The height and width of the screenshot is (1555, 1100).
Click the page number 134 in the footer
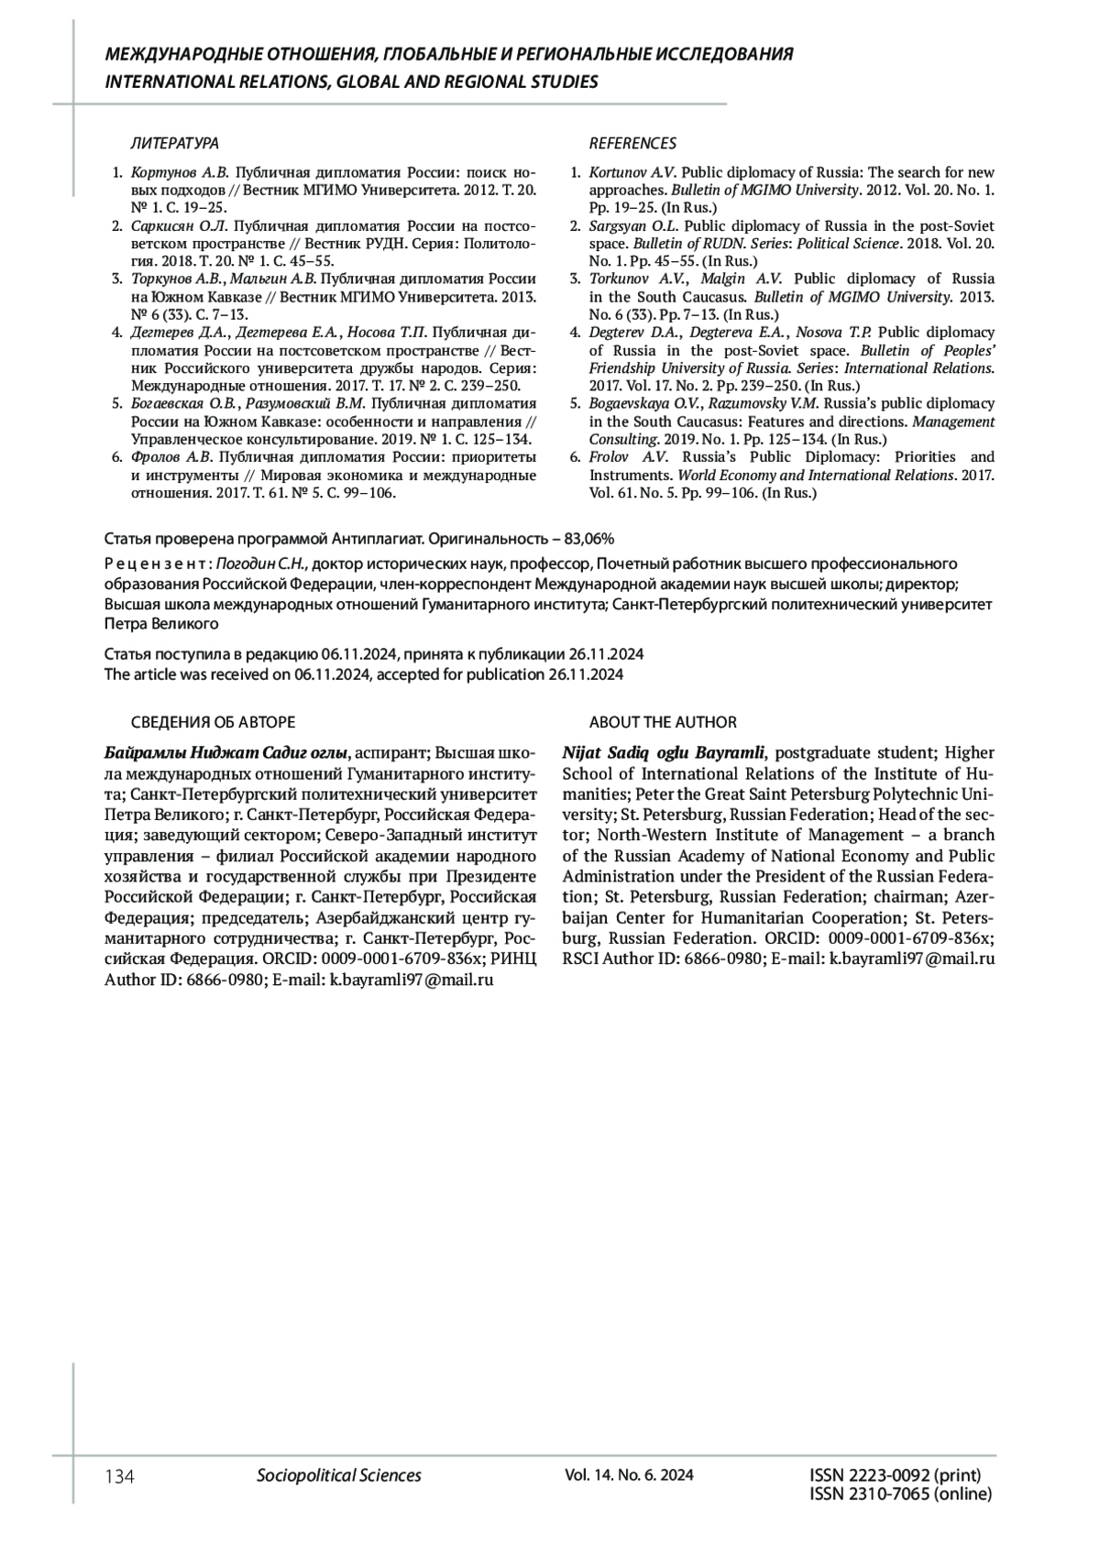tap(120, 1476)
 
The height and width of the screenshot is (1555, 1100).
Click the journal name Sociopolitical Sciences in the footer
tap(339, 1475)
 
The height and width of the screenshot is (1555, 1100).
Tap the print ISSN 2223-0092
tap(896, 1475)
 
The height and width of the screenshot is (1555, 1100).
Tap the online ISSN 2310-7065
tap(900, 1495)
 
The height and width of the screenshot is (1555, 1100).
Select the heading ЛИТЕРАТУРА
tap(175, 144)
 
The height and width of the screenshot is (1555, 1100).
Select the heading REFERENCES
tap(632, 144)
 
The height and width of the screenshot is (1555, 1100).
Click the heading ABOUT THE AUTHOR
tap(663, 722)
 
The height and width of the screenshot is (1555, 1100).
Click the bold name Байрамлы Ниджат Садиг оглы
tap(226, 753)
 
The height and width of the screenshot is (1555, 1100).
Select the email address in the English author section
tap(912, 959)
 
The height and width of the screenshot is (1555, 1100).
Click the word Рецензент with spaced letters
tap(158, 563)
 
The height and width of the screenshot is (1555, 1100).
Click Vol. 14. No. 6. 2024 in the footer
tap(629, 1475)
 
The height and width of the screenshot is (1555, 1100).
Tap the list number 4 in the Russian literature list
tap(116, 333)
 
